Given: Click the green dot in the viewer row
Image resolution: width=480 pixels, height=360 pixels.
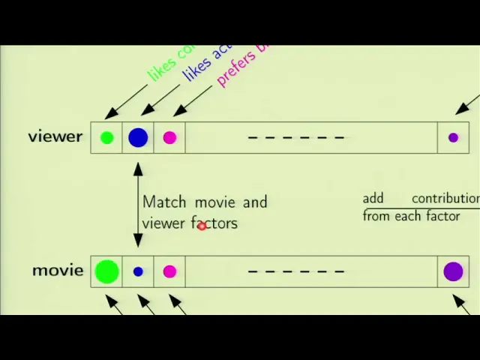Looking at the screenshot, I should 106,137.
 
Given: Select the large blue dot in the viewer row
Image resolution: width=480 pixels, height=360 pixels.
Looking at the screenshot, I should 138,137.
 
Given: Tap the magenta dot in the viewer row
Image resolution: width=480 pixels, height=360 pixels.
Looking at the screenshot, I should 169,137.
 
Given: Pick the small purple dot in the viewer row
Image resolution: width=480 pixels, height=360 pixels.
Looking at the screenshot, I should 453,137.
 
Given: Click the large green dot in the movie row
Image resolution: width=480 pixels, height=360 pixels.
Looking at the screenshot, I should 106,271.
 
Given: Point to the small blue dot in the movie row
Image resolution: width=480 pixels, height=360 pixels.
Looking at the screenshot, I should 138,271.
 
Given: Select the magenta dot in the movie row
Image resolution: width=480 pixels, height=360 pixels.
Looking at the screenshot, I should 169,271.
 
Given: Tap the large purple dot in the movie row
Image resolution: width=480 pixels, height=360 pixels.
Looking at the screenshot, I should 453,271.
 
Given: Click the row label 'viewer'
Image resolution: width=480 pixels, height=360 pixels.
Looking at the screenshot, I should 55,136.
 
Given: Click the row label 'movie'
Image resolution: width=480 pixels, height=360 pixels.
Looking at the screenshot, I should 58,270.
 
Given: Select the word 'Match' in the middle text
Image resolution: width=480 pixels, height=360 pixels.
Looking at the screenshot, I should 164,202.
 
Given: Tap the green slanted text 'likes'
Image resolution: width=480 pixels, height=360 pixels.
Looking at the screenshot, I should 161,70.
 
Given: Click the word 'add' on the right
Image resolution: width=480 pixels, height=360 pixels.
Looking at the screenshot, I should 373,199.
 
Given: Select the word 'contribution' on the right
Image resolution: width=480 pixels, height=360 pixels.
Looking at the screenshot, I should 445,199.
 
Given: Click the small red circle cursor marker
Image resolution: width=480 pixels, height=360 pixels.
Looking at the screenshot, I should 202,226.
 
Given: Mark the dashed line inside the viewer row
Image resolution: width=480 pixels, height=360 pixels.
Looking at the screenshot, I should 295,137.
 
